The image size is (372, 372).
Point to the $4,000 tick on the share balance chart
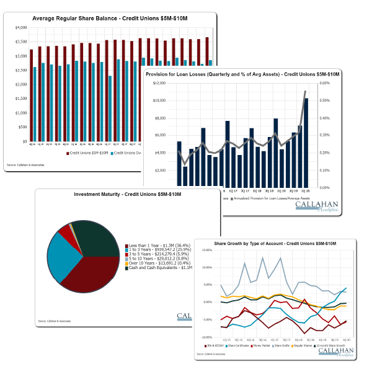tap(20, 27)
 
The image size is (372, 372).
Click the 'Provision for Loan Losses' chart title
tap(242, 74)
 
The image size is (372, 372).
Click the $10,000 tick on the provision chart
tap(158, 100)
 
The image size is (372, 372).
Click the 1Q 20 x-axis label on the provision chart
tap(306, 191)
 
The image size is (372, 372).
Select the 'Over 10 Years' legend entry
tap(162, 262)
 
